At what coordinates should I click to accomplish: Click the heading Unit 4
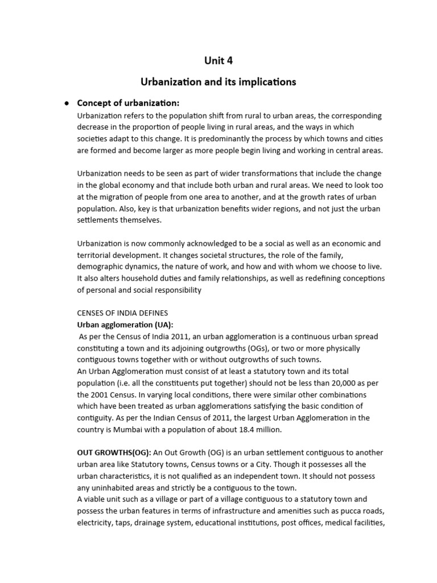pyautogui.click(x=218, y=61)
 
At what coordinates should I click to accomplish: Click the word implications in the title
pyautogui.click(x=267, y=82)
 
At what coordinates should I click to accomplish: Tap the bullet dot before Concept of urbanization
pyautogui.click(x=67, y=103)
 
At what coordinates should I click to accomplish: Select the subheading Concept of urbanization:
pyautogui.click(x=128, y=103)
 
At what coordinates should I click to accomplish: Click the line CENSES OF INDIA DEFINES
pyautogui.click(x=122, y=313)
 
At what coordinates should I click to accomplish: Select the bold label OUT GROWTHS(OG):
pyautogui.click(x=114, y=453)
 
